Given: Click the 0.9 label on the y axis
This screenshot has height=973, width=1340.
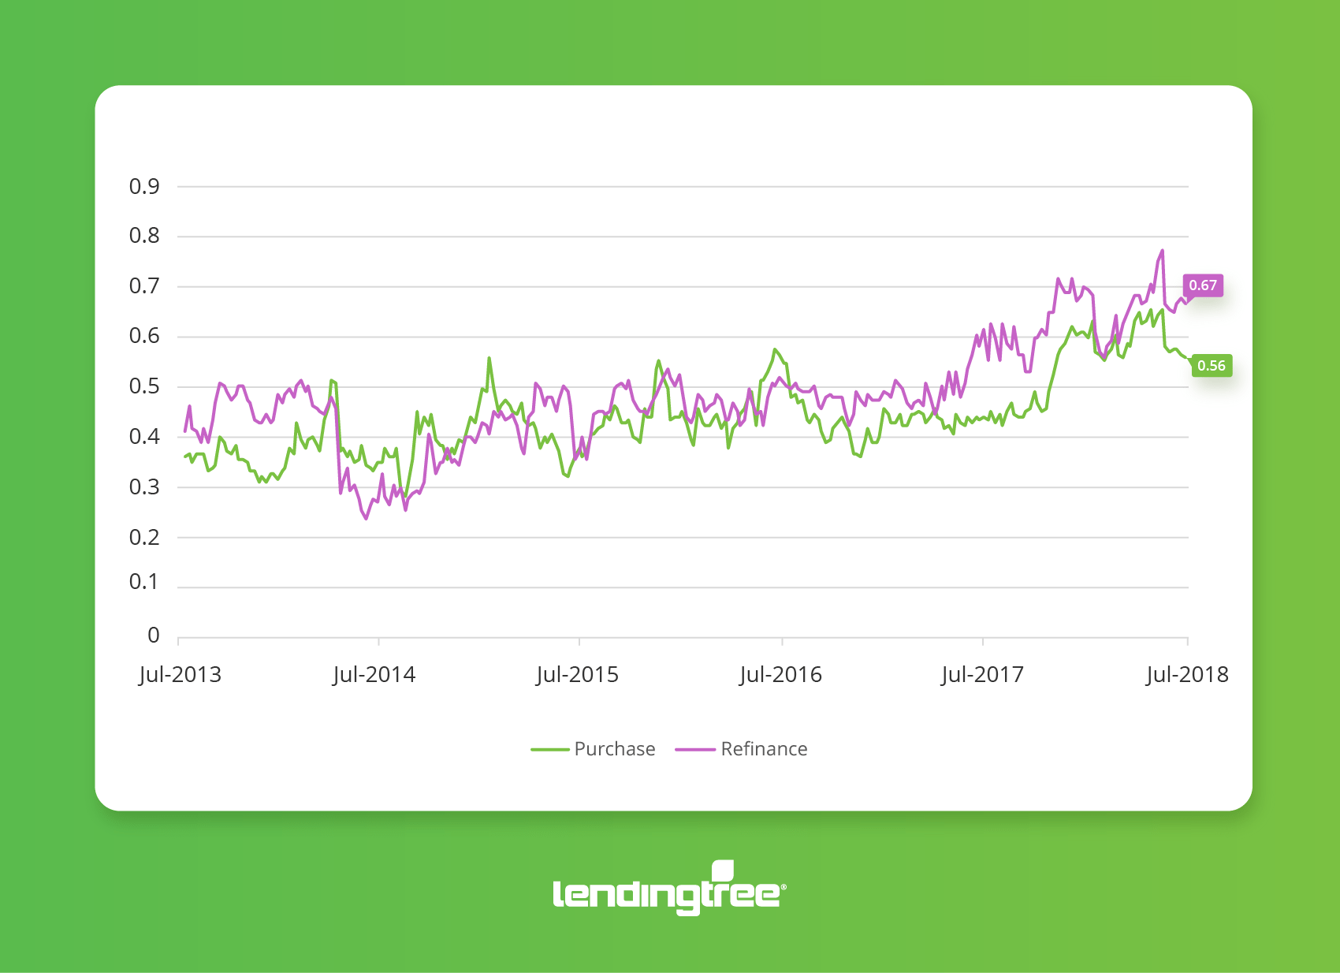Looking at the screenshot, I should (x=144, y=187).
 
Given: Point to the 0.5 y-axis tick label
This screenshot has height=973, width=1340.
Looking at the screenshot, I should (x=144, y=386).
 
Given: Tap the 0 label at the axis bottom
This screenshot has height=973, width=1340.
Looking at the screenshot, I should (x=154, y=636).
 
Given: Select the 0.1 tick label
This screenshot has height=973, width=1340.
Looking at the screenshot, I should (x=144, y=582).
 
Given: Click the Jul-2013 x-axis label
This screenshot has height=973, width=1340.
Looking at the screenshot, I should (x=180, y=675).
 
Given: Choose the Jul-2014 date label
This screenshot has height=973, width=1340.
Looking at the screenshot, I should (x=374, y=675).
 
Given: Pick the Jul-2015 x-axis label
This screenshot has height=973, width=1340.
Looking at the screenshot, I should (x=577, y=675).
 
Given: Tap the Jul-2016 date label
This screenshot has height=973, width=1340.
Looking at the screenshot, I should (x=780, y=675).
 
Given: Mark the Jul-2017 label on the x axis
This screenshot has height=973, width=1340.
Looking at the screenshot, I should (x=982, y=675).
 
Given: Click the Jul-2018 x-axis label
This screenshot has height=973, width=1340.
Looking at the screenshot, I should (x=1187, y=675).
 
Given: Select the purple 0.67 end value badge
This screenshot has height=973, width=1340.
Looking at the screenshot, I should (x=1203, y=285).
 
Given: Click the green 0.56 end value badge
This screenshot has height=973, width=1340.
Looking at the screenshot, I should (x=1212, y=366).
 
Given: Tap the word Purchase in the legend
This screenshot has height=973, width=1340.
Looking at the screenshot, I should (x=615, y=749).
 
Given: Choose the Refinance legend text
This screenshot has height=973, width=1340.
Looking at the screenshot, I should (x=764, y=749).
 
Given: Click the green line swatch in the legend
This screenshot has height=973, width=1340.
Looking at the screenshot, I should (x=550, y=749).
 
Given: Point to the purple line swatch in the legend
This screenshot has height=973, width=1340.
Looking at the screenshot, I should (x=695, y=749).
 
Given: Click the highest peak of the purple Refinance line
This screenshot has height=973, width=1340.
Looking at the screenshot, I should (x=1162, y=252).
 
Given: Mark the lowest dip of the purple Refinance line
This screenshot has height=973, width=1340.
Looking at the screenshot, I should (x=366, y=518).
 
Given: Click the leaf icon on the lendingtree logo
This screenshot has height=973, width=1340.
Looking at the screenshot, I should (x=723, y=870).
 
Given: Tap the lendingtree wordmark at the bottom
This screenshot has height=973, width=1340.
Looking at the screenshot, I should (x=666, y=895).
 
